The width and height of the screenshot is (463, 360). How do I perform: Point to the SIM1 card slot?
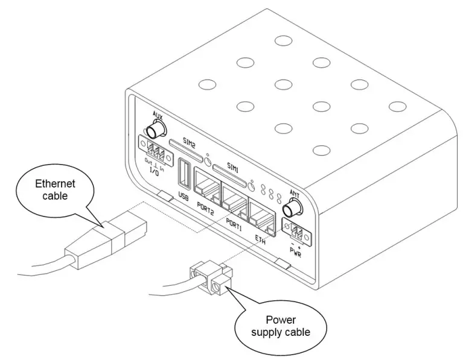coord(230,171)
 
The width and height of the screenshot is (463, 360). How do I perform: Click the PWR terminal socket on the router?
coord(298,233)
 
